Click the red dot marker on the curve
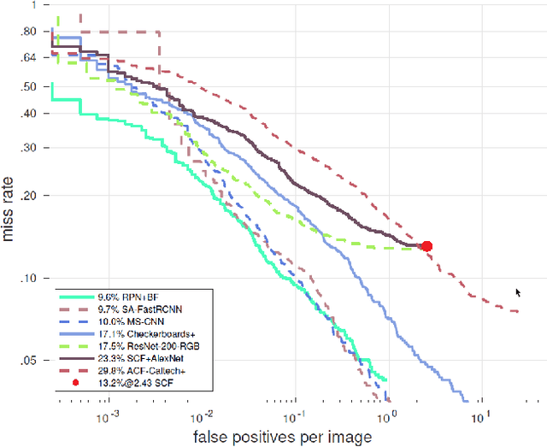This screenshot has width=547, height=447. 427,246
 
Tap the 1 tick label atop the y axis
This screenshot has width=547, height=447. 32,5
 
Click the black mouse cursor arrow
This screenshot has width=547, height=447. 518,293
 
